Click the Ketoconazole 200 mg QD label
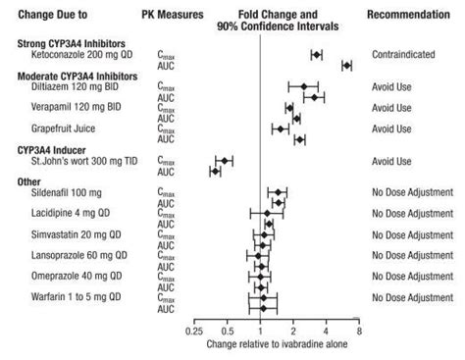77,57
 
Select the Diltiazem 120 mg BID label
74,86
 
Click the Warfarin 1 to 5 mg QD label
76,296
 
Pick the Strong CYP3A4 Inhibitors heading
70,45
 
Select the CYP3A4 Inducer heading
55,148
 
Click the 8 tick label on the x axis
359,332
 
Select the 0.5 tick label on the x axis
228,332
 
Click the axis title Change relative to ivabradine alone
276,345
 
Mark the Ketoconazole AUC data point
346,65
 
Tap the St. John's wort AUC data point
216,171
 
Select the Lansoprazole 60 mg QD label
78,255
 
